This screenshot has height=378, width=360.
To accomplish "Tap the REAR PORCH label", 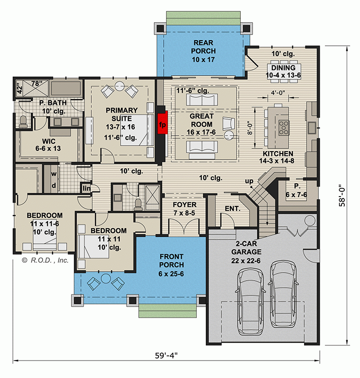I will click(x=203, y=51).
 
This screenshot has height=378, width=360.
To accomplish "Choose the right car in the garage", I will click(x=282, y=295).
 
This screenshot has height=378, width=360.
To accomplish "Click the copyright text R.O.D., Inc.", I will click(x=45, y=260).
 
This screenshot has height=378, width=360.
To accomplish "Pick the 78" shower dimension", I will click(x=36, y=84).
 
